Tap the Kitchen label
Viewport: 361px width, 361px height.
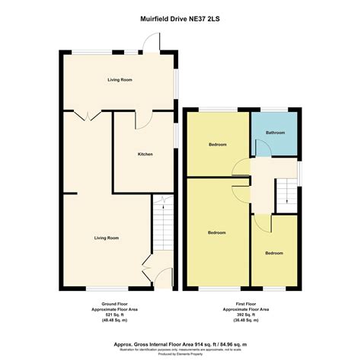tap(145, 155)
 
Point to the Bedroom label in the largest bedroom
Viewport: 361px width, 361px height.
tap(216, 232)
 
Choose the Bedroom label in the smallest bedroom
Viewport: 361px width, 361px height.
tap(274, 253)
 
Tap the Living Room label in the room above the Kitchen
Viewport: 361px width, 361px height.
tap(119, 79)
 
